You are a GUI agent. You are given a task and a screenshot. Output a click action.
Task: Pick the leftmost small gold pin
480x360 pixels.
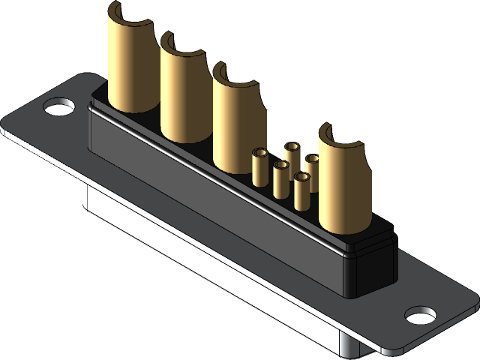tap(259, 167)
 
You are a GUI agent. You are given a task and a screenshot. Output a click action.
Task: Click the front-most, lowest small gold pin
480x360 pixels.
tap(301, 191)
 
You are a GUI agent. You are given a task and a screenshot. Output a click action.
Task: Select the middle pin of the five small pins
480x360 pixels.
tap(280, 178)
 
